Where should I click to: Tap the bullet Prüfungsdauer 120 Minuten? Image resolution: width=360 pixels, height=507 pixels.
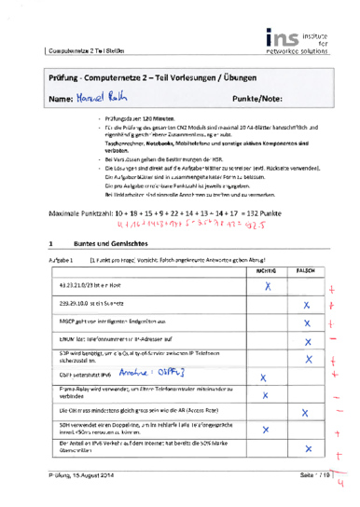pyautogui.click(x=141, y=120)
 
